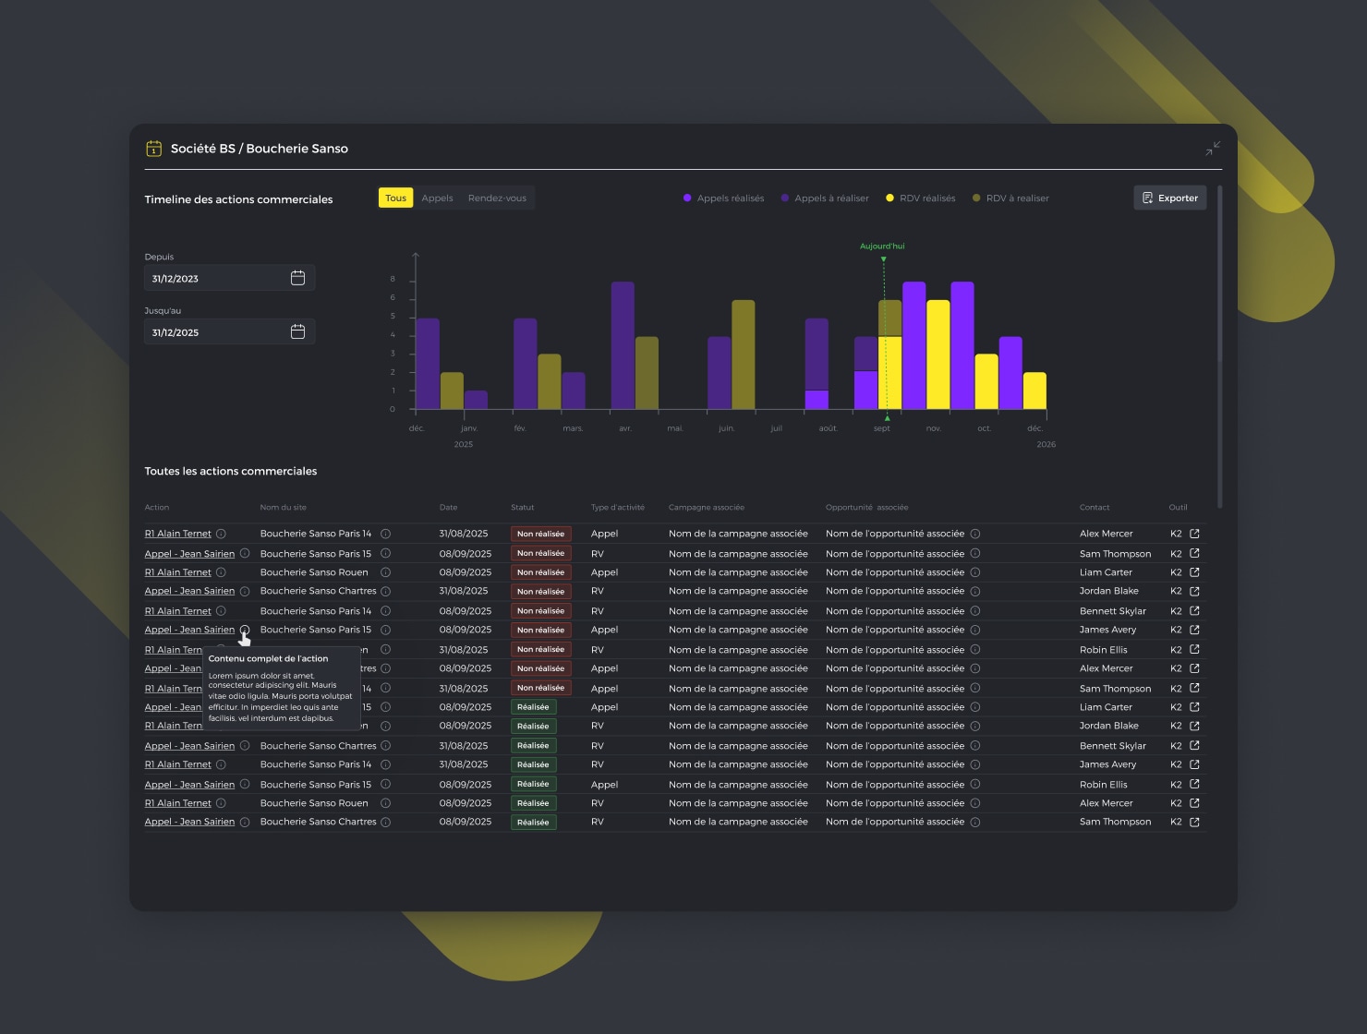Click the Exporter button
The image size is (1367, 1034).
pos(1169,198)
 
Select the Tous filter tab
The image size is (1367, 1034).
pos(395,198)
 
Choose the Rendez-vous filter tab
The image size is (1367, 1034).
pos(497,198)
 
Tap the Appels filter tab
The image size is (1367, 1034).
pos(437,198)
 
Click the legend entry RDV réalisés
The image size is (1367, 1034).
pos(921,198)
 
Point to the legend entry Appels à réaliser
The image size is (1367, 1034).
pos(825,198)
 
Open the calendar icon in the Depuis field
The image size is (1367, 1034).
pos(297,278)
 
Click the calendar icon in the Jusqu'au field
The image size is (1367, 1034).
pos(297,331)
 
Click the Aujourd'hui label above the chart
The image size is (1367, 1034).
pos(882,246)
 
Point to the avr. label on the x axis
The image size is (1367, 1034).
pos(625,428)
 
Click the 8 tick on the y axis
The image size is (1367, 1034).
pos(393,279)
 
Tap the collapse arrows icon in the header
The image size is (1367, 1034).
pos(1213,148)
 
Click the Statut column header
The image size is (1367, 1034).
pos(522,508)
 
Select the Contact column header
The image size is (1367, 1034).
pos(1095,508)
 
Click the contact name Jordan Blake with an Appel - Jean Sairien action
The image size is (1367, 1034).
pos(1108,591)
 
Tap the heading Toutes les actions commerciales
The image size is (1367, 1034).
pos(230,471)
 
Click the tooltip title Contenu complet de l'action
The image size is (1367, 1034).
pos(268,658)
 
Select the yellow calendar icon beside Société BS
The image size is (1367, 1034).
pos(154,148)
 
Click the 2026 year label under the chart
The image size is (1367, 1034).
pos(1046,444)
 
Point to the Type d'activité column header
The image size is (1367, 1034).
pos(617,508)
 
